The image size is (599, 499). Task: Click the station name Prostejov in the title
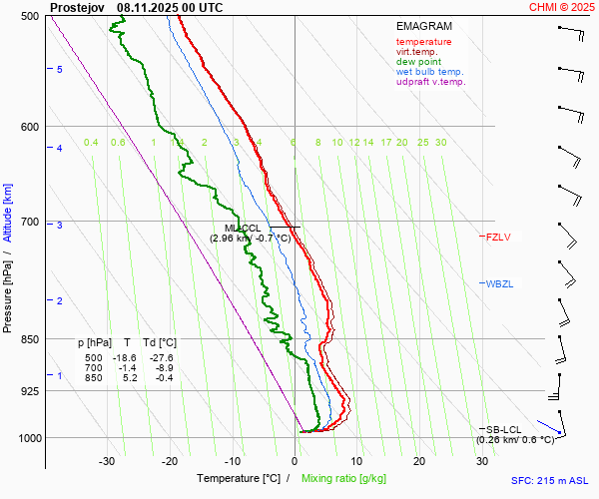pyautogui.click(x=78, y=7)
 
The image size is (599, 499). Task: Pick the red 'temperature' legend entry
pyautogui.click(x=423, y=42)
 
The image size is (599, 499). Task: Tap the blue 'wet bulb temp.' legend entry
pyautogui.click(x=429, y=72)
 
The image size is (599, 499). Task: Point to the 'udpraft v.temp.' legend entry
pyautogui.click(x=430, y=82)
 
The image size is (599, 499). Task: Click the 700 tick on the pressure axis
pyautogui.click(x=30, y=222)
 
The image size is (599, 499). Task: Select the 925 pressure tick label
pyautogui.click(x=30, y=391)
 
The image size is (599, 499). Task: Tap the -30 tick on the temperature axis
pyautogui.click(x=107, y=461)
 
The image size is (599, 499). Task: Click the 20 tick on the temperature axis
pyautogui.click(x=419, y=461)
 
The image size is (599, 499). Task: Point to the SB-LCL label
pyautogui.click(x=505, y=429)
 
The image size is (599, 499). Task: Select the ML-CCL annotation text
pyautogui.click(x=244, y=229)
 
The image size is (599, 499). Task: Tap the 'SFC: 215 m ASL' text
pyautogui.click(x=551, y=480)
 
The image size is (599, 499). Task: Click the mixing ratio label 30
pyautogui.click(x=440, y=143)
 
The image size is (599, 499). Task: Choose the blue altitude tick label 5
pyautogui.click(x=59, y=69)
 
